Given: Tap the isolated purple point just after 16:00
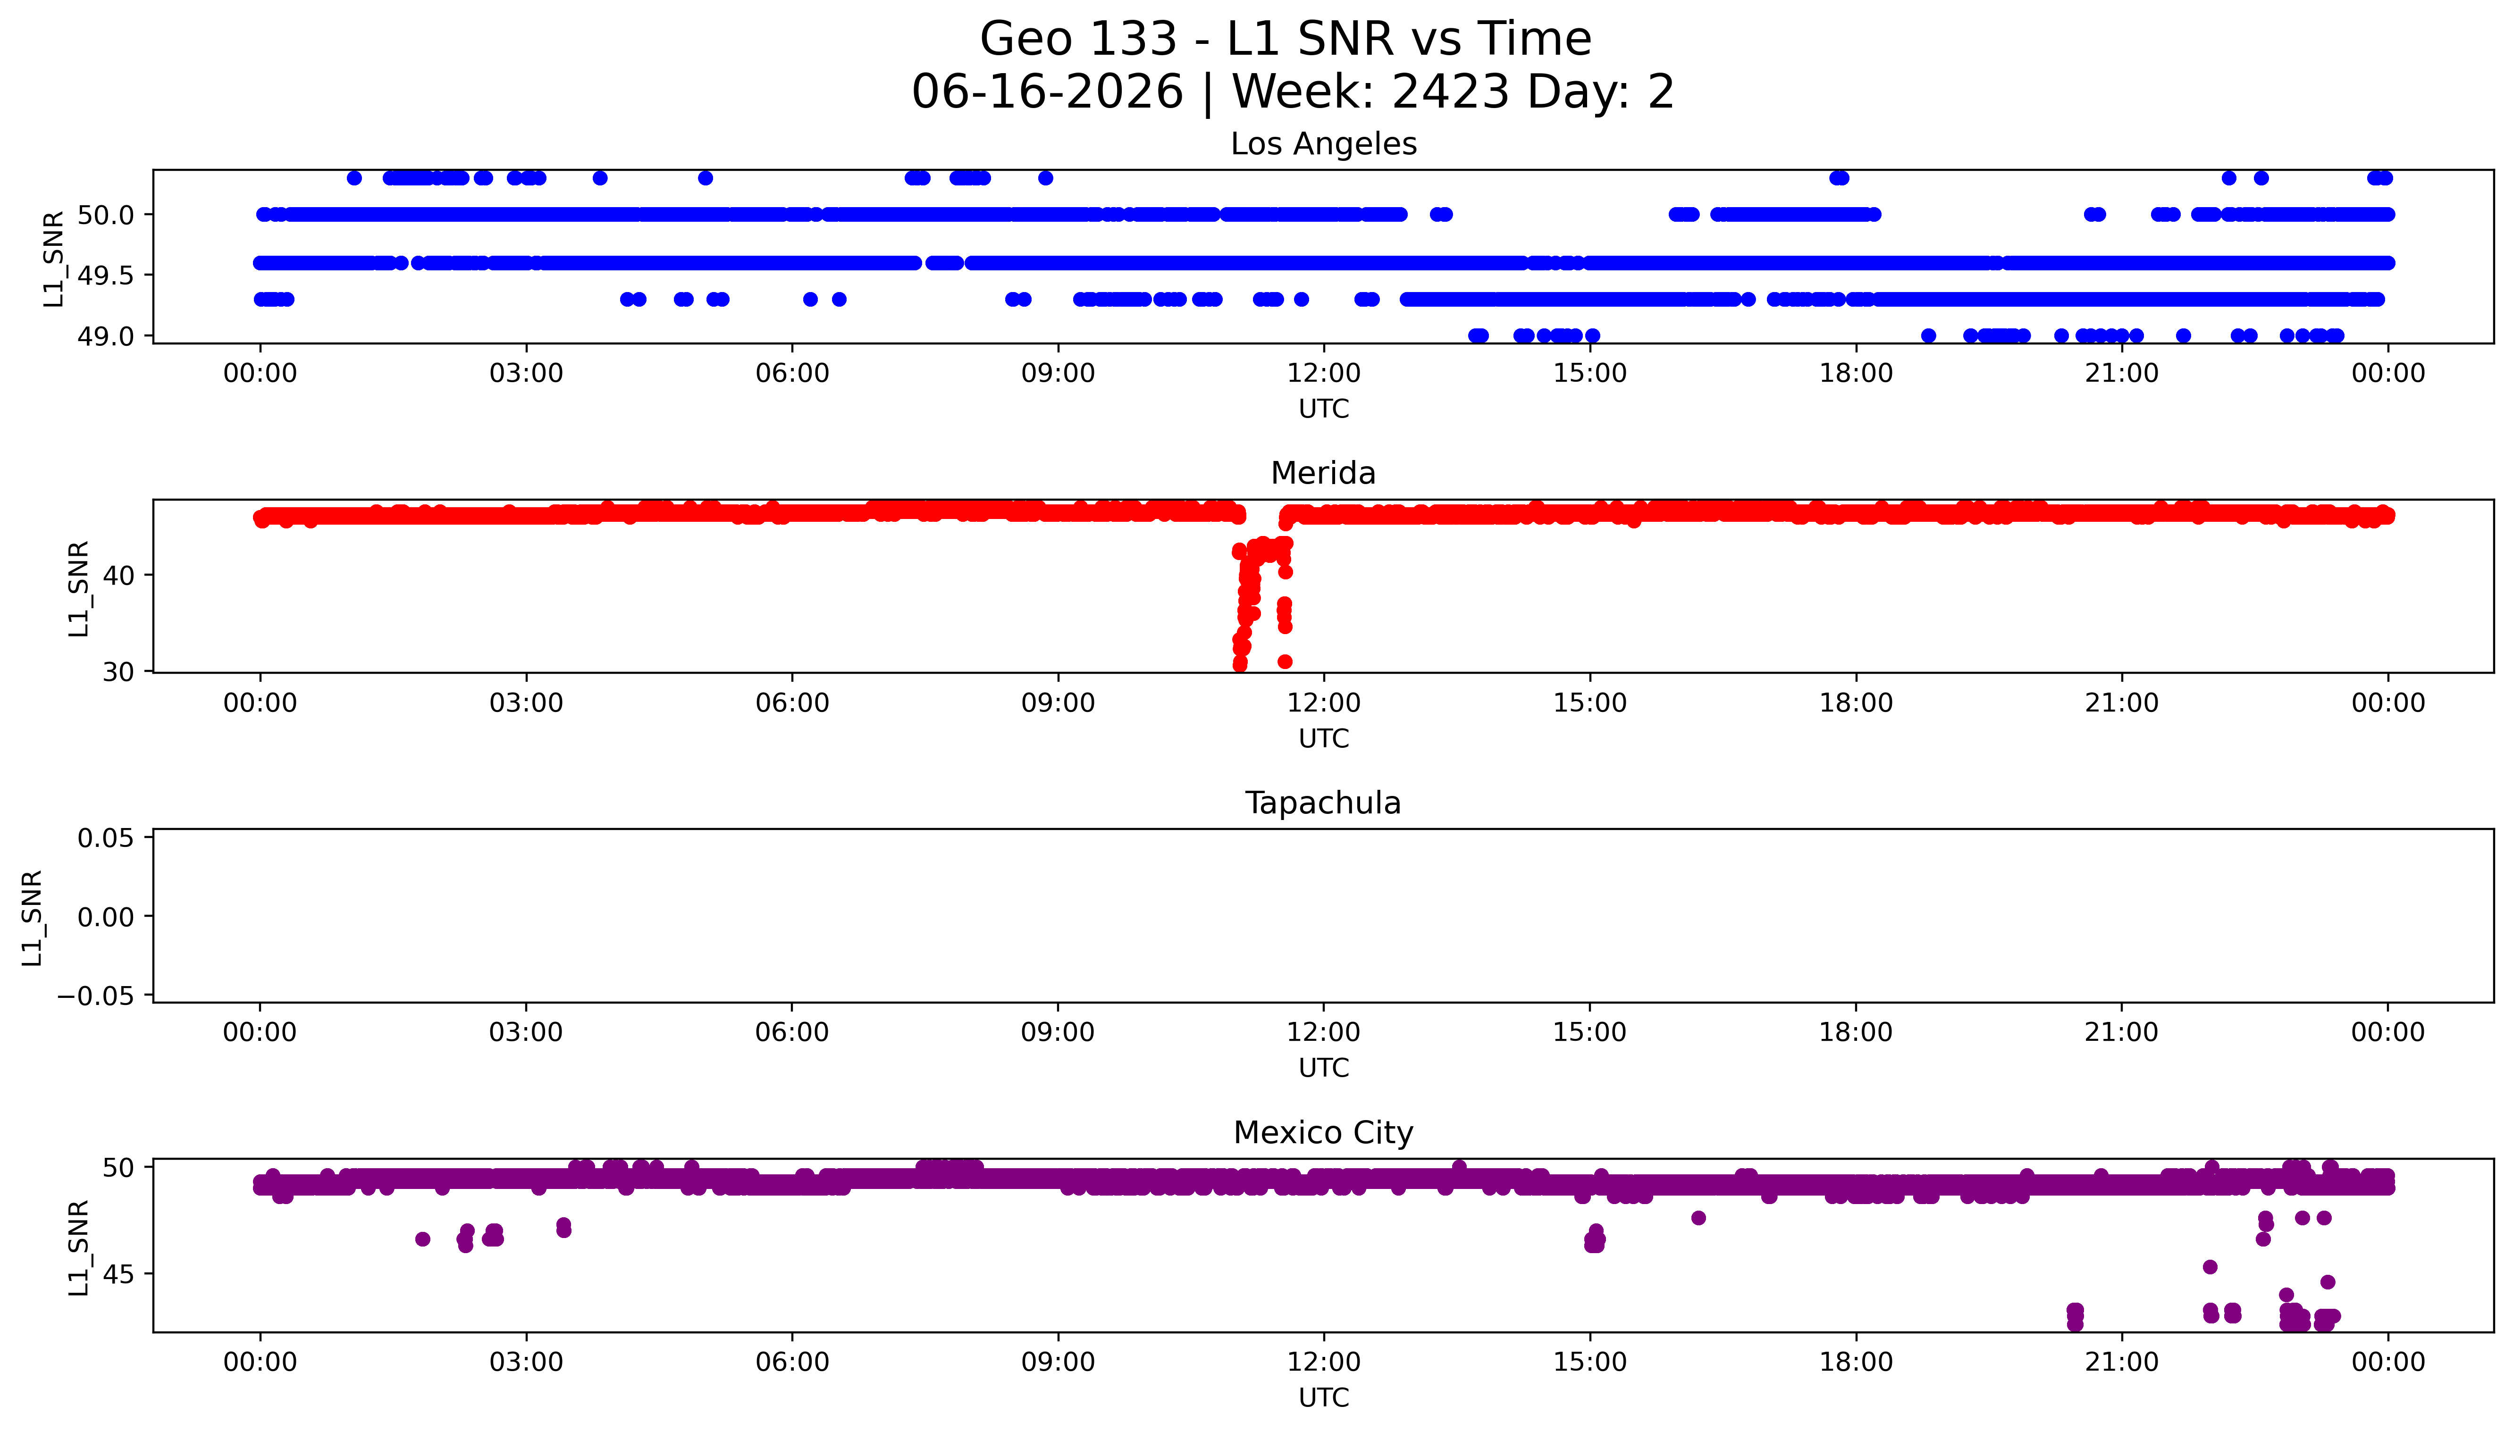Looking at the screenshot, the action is click(1698, 1218).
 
